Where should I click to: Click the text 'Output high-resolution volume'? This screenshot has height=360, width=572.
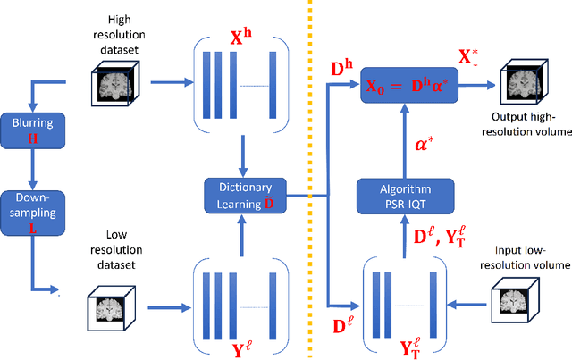[530, 126]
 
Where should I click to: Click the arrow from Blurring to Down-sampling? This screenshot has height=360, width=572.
[32, 168]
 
